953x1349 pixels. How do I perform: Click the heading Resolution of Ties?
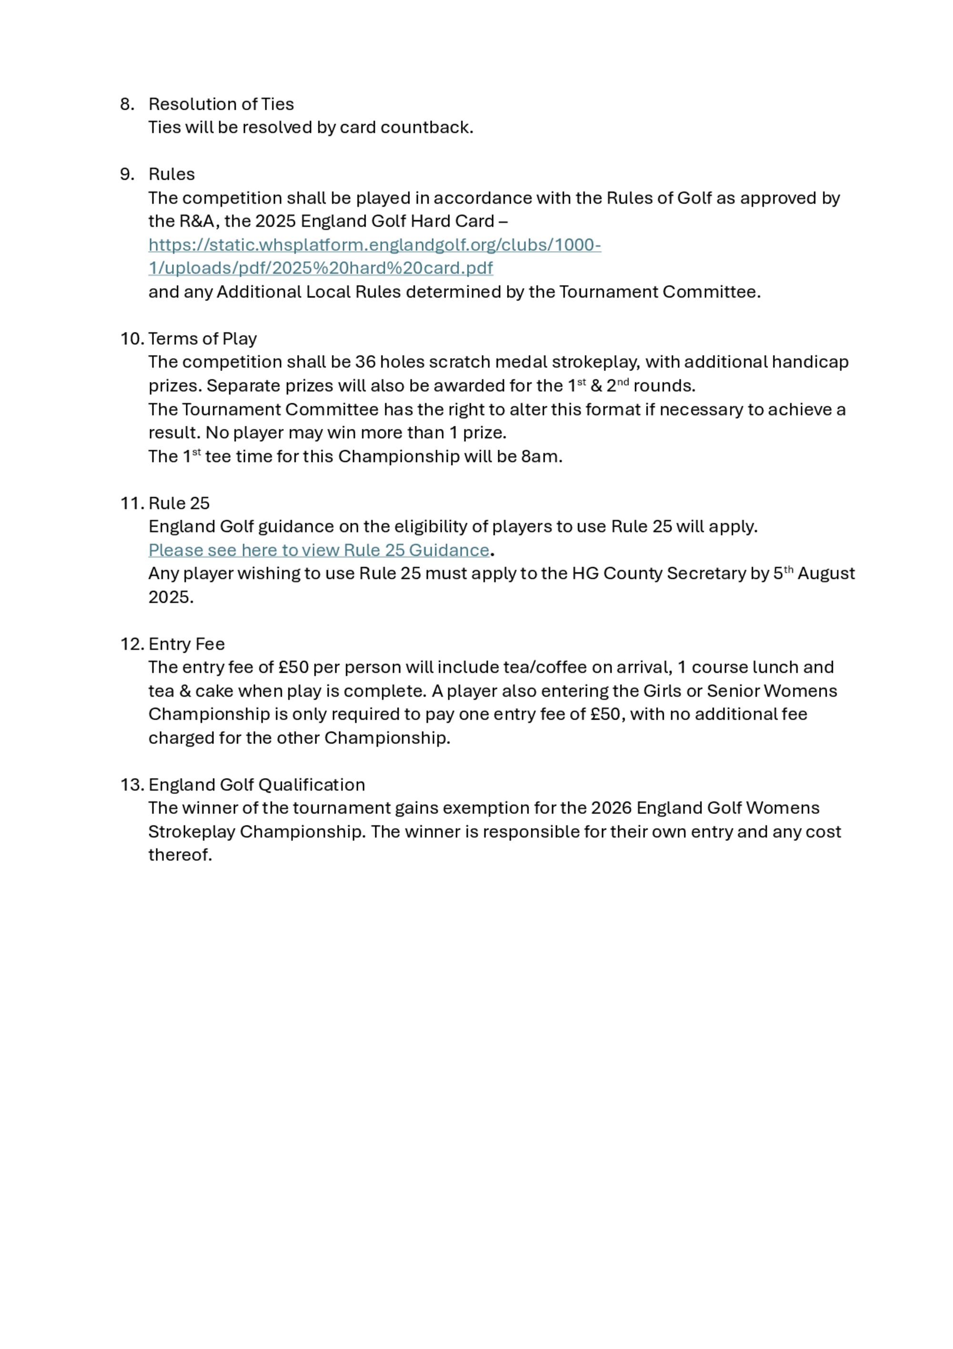pyautogui.click(x=221, y=104)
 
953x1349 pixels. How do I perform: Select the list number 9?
pyautogui.click(x=126, y=175)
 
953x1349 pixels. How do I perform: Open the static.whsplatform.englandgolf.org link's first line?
pyautogui.click(x=375, y=245)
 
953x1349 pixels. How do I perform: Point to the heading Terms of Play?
pyautogui.click(x=203, y=339)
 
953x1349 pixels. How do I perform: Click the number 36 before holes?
pyautogui.click(x=365, y=362)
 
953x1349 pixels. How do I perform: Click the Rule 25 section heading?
pyautogui.click(x=179, y=504)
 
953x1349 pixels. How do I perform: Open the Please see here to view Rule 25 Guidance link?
pyautogui.click(x=319, y=551)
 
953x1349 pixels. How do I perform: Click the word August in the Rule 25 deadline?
pyautogui.click(x=826, y=574)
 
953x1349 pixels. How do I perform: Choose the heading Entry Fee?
pyautogui.click(x=187, y=645)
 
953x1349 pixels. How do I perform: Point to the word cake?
pyautogui.click(x=215, y=691)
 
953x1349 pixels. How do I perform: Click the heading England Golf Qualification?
pyautogui.click(x=257, y=785)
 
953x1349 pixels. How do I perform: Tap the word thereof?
pyautogui.click(x=180, y=855)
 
